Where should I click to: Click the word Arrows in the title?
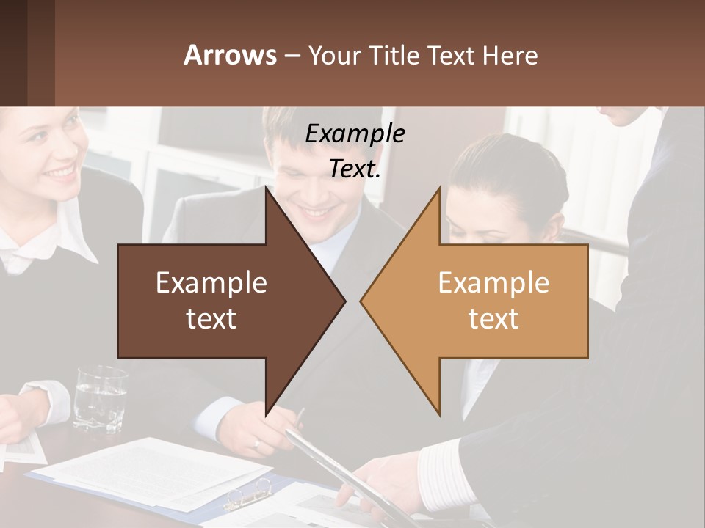tap(230, 55)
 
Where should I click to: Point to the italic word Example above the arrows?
tap(355, 133)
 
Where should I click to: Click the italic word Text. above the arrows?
tap(355, 169)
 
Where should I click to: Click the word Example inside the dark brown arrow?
tap(211, 283)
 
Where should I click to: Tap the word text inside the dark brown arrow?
tap(211, 319)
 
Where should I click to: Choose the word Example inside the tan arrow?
tap(493, 283)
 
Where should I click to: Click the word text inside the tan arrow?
tap(493, 319)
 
